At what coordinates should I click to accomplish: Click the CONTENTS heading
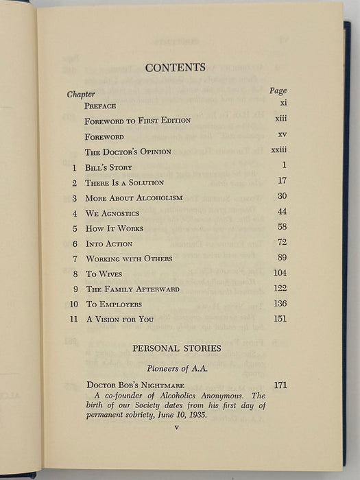pyautogui.click(x=176, y=67)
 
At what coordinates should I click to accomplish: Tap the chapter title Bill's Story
pyautogui.click(x=108, y=167)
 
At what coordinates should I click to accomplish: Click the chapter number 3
pyautogui.click(x=74, y=197)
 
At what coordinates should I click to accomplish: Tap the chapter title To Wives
pyautogui.click(x=100, y=274)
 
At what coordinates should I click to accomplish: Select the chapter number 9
pyautogui.click(x=74, y=289)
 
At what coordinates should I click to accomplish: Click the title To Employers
pyautogui.click(x=113, y=304)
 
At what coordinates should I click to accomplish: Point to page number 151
pyautogui.click(x=279, y=318)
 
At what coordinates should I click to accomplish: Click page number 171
pyautogui.click(x=280, y=385)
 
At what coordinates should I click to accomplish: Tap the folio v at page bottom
pyautogui.click(x=176, y=428)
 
